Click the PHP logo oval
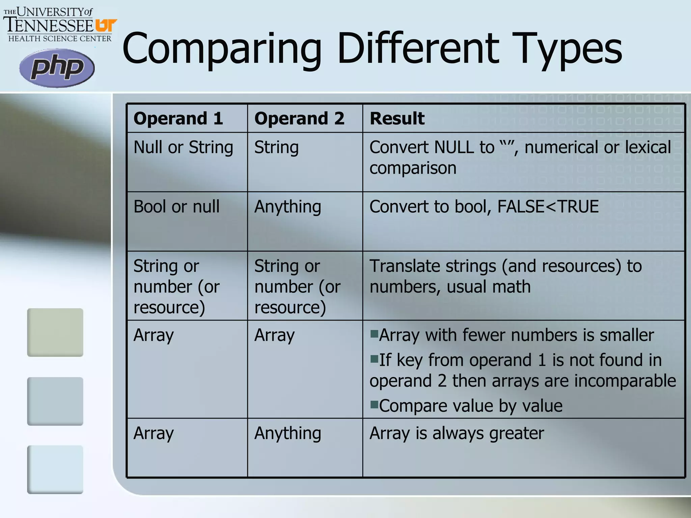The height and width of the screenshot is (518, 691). tap(57, 68)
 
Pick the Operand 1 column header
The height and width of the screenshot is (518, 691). tap(178, 118)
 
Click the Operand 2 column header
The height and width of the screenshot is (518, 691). tap(299, 118)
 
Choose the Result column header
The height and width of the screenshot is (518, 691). tap(397, 118)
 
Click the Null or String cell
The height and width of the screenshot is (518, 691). tap(183, 147)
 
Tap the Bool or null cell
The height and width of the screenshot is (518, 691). tap(176, 206)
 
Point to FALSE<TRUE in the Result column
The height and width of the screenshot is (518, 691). tap(548, 206)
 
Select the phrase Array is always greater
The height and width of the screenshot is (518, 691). tap(457, 433)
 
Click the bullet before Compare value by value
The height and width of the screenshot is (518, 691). tap(374, 404)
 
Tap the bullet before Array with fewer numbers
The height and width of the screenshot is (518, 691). tap(374, 334)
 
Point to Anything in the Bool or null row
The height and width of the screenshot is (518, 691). tap(287, 206)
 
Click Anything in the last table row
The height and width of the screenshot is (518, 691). tap(287, 433)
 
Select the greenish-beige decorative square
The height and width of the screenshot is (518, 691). tap(55, 332)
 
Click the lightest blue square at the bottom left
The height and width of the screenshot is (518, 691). tap(55, 469)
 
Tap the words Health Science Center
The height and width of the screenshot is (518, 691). tap(60, 38)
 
